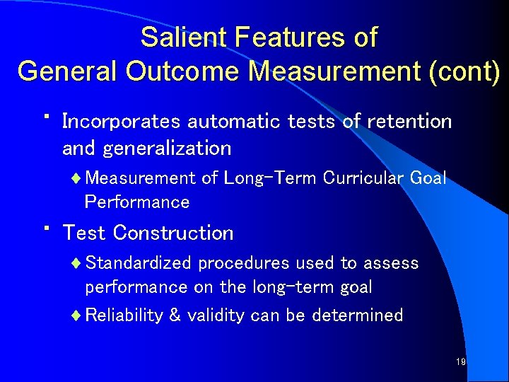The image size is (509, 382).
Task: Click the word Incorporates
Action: (122, 122)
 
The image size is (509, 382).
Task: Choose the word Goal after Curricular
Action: (428, 178)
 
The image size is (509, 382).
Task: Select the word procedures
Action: (244, 264)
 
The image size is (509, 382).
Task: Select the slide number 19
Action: (460, 362)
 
